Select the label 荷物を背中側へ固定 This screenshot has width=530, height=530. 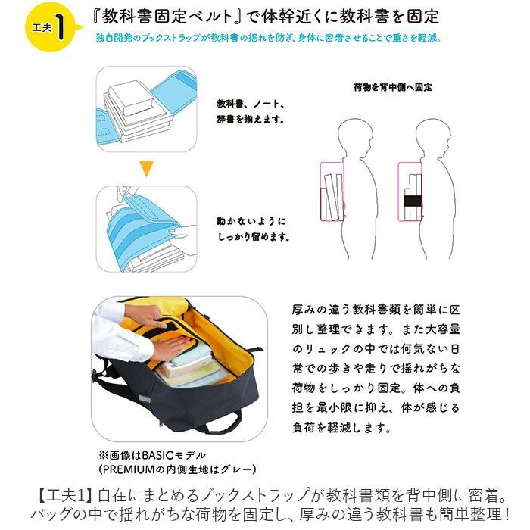point(393,87)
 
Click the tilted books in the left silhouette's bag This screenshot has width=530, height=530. point(332,194)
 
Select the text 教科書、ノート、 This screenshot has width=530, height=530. point(250,103)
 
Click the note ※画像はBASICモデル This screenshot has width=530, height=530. point(151,454)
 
